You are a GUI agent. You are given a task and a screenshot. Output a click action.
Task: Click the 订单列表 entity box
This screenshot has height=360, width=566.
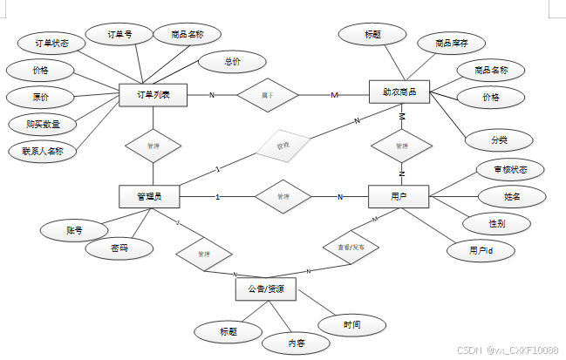pos(153,94)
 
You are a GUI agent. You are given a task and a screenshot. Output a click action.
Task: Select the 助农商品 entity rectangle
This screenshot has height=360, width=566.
pos(399,92)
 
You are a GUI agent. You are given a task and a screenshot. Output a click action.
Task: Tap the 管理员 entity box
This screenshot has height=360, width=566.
pos(149,197)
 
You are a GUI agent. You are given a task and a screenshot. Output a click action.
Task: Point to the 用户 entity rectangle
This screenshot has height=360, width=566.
pos(399,197)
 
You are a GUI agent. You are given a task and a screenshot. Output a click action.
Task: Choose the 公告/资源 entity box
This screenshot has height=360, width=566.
pos(266,289)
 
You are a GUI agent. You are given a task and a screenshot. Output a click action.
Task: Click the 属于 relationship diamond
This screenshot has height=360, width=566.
pos(267,94)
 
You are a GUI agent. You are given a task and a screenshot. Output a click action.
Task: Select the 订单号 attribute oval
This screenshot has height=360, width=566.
pos(119,37)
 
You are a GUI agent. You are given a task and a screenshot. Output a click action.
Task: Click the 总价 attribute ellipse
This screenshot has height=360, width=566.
pos(232,62)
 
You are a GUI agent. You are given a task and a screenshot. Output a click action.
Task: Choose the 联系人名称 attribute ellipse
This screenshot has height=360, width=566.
pos(43,151)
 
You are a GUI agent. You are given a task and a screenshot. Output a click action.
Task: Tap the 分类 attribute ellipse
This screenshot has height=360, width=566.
pos(499,139)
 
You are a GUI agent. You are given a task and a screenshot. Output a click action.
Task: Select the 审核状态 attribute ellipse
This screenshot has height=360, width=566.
pos(510,168)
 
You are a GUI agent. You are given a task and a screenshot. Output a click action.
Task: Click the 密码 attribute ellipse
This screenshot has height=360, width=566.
pos(119,248)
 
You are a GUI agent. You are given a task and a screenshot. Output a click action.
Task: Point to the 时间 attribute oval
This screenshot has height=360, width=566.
pos(351,324)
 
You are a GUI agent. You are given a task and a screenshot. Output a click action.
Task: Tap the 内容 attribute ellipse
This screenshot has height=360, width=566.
pos(297,343)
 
